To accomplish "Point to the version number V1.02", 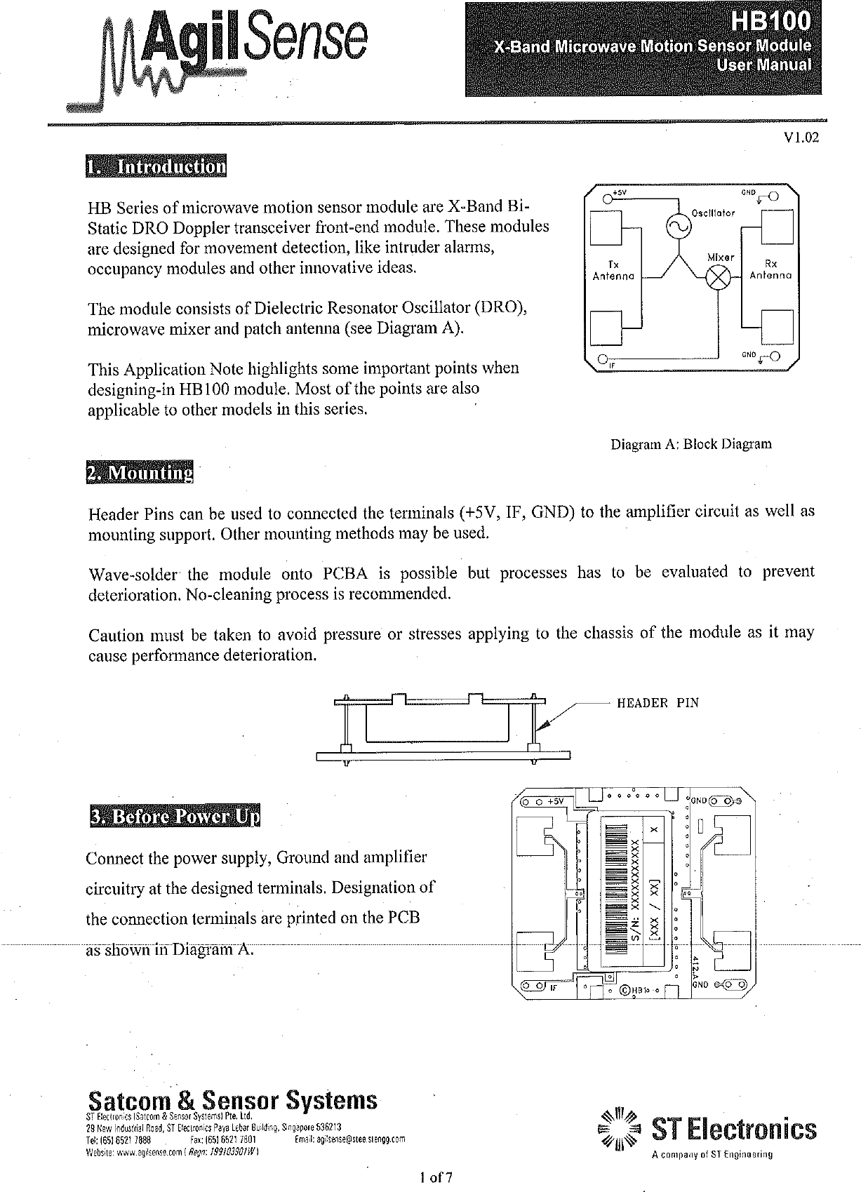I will [x=802, y=138].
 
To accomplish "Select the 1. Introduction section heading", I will [x=156, y=168].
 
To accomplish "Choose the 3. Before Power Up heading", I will [x=174, y=817].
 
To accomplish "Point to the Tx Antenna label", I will [x=613, y=270].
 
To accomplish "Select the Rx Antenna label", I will [x=770, y=270].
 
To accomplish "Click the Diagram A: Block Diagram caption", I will [x=691, y=444].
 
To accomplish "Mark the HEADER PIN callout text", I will [x=658, y=702].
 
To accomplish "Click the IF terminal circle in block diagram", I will [x=601, y=361].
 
